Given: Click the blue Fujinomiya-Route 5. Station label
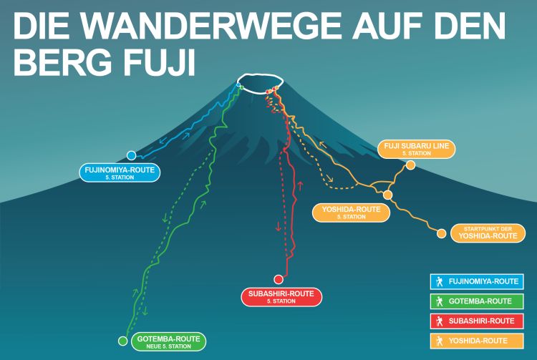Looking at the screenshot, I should tap(120, 172).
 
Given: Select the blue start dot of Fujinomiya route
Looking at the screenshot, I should tap(131, 155).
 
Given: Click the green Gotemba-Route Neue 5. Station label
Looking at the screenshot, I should tap(167, 341).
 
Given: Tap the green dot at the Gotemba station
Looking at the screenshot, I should tap(122, 341).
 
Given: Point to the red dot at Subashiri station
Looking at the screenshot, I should tap(279, 279).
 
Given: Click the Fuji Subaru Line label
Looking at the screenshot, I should tap(416, 149).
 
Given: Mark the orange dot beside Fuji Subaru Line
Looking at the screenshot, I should tap(410, 165).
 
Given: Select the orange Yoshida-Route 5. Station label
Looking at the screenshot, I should tap(351, 213).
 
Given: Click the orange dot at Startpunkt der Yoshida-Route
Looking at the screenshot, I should tap(442, 233).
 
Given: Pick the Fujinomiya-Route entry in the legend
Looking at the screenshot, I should tap(475, 281).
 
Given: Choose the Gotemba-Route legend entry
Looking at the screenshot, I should tap(475, 301).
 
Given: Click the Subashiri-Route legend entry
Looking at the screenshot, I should tap(475, 321).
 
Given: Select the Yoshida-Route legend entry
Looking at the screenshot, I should tap(475, 341).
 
